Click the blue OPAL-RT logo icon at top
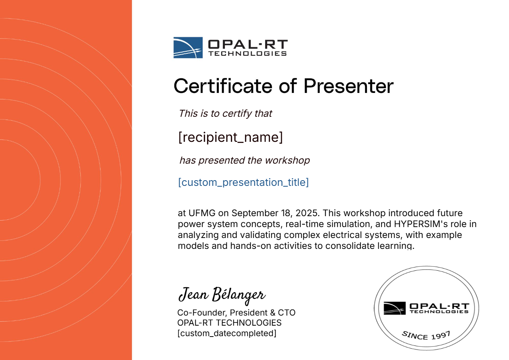point(188,48)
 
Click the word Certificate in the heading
point(223,86)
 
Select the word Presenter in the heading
point(348,86)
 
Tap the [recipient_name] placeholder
point(230,137)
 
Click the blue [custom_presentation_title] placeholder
point(243,182)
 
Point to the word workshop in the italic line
point(287,160)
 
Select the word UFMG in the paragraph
point(202,213)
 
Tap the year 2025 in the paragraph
point(308,213)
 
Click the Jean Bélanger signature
point(222,295)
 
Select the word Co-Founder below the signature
point(202,313)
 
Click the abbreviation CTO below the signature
point(287,313)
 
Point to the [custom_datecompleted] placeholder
point(227,333)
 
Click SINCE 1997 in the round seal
point(426,335)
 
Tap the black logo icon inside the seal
point(394,308)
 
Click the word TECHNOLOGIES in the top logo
point(247,53)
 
